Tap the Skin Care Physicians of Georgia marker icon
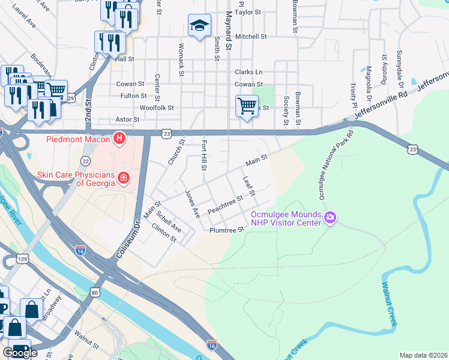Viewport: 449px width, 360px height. [x=124, y=178]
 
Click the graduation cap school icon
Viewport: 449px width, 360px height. [x=199, y=25]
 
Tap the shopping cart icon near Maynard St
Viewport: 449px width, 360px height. [x=247, y=106]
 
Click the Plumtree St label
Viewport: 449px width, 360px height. [x=228, y=230]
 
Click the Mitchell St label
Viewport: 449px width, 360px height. [x=251, y=37]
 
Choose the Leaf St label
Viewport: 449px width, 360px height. [x=249, y=186]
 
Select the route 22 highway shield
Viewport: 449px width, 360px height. [x=86, y=161]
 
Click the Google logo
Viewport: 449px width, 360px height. [x=20, y=353]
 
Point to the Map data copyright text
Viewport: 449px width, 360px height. [x=424, y=355]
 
